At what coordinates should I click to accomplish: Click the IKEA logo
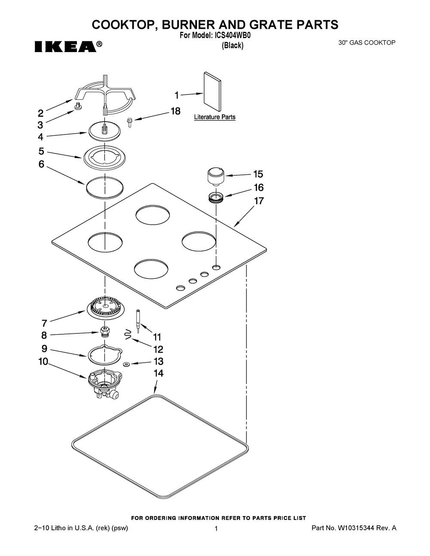click(68, 46)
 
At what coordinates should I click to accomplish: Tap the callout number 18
click(175, 111)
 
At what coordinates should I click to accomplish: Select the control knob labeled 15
click(215, 176)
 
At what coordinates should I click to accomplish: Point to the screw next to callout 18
click(129, 122)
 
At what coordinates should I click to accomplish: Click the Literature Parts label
click(215, 117)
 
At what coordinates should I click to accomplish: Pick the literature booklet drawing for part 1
click(212, 92)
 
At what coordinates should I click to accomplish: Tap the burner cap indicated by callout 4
click(104, 131)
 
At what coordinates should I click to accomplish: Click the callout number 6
click(41, 164)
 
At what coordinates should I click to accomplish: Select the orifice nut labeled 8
click(104, 332)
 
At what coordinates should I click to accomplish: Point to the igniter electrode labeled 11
click(138, 321)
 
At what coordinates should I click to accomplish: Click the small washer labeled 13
click(126, 364)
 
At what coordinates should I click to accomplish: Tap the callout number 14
click(158, 373)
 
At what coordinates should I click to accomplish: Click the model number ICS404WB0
click(231, 36)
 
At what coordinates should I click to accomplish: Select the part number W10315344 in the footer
click(356, 528)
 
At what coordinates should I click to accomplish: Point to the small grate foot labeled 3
click(78, 106)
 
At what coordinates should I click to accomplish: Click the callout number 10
click(43, 361)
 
